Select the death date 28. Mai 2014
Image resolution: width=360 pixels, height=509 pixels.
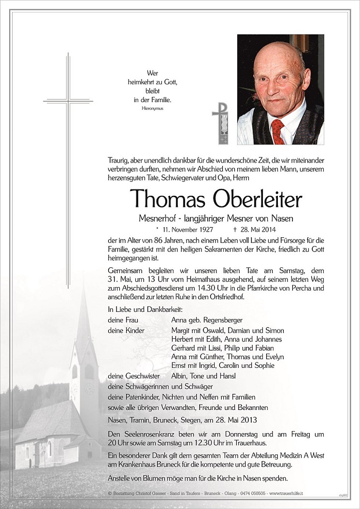[256, 230]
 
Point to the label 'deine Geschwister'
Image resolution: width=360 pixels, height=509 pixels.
[134, 376]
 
